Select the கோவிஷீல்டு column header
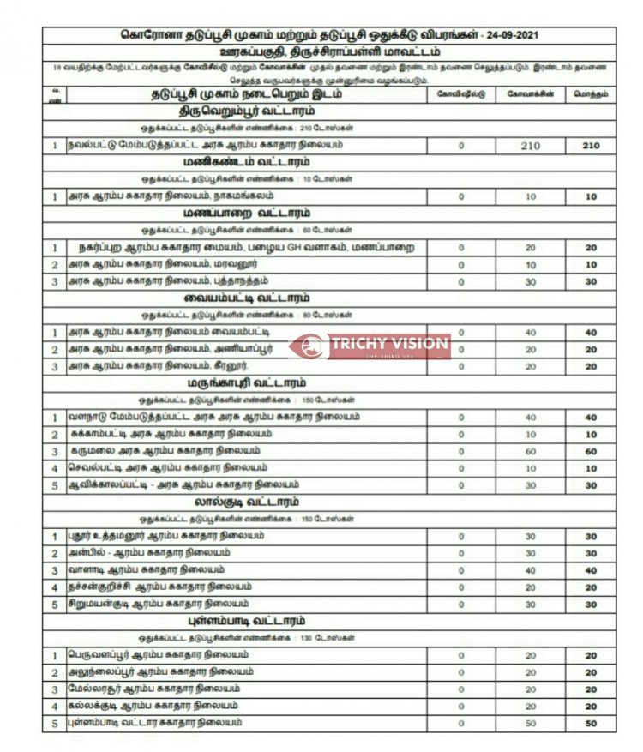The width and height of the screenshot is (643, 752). [460, 94]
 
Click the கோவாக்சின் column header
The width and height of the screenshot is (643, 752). [529, 94]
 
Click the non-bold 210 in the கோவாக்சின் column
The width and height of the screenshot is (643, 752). [530, 146]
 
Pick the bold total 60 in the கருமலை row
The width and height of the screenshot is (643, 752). [591, 451]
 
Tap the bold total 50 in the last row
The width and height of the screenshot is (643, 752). [591, 724]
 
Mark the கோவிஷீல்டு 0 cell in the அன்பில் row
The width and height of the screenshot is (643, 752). [460, 553]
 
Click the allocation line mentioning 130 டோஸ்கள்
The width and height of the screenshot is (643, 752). [246, 638]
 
